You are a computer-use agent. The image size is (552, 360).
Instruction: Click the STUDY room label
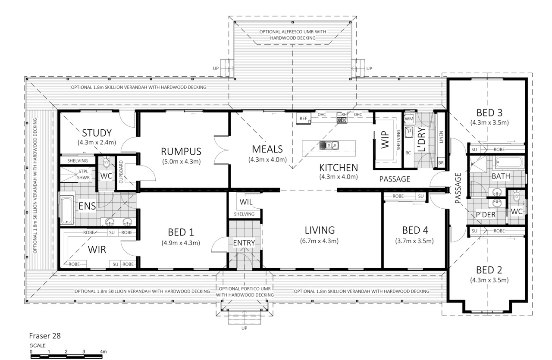coord(97,133)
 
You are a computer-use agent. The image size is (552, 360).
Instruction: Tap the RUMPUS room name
coord(181,151)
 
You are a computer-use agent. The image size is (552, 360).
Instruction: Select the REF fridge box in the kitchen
coord(303,119)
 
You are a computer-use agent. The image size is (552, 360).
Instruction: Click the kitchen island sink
coord(329,145)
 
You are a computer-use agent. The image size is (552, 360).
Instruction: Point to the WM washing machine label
coord(409,119)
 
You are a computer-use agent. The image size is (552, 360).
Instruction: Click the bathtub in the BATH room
coord(508,163)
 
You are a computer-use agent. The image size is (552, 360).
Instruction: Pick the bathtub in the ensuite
coord(67,210)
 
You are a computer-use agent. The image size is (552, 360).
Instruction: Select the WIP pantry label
coord(385,140)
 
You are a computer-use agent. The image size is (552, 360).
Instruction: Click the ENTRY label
coord(244,243)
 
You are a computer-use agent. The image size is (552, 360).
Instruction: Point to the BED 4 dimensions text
coord(414,241)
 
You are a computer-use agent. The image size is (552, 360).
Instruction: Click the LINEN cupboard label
coord(441,137)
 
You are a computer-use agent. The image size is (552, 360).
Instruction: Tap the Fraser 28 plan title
coord(45,336)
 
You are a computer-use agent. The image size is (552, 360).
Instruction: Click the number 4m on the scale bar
coord(103,352)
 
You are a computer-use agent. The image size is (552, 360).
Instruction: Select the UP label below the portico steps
coord(244,328)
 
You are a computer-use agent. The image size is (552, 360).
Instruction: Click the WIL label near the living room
coord(246,202)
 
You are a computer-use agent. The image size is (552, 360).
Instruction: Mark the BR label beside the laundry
coord(441,163)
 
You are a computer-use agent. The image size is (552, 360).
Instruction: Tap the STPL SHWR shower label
coord(83,175)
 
